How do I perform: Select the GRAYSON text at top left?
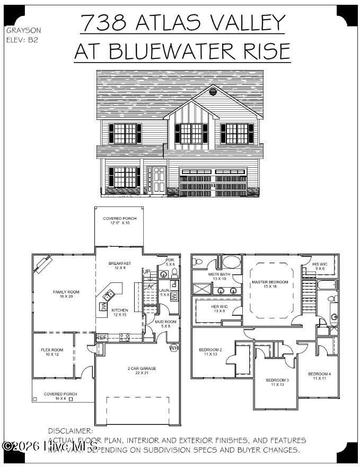click(23, 30)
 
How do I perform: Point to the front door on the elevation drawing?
click(156, 179)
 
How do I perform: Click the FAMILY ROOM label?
click(66, 292)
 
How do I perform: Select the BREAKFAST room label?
click(119, 264)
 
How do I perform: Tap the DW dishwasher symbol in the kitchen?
click(104, 306)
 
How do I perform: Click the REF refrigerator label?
click(101, 337)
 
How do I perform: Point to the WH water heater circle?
click(173, 349)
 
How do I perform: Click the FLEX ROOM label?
click(52, 350)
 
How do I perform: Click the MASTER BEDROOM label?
click(270, 282)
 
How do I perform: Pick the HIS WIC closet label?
click(320, 264)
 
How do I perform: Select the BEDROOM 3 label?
click(277, 380)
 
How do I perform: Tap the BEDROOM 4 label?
click(319, 374)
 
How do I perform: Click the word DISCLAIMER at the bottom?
click(71, 431)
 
